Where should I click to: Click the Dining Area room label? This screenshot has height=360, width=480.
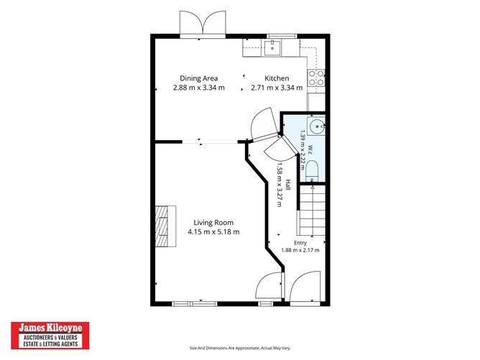[198, 78]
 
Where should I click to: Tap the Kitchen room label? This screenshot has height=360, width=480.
[277, 78]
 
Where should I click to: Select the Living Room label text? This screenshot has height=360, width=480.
[213, 223]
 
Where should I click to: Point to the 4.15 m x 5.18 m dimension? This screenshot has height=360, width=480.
[213, 232]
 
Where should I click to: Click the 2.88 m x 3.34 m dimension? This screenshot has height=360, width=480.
[198, 88]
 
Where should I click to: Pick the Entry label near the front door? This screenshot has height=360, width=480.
[300, 243]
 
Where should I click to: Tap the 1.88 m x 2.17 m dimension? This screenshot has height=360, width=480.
[300, 250]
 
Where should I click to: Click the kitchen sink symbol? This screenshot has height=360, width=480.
[272, 47]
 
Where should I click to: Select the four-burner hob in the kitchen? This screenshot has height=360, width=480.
[316, 78]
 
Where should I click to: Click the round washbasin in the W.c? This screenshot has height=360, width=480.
[316, 126]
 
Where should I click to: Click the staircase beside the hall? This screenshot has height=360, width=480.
[312, 211]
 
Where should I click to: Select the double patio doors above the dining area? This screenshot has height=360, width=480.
[203, 23]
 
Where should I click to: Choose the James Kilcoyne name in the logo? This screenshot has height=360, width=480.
[50, 328]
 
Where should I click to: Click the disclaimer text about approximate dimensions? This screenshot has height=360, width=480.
[240, 348]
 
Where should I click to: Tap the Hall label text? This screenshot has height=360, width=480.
[288, 185]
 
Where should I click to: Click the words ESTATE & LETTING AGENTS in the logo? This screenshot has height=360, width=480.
[50, 344]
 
